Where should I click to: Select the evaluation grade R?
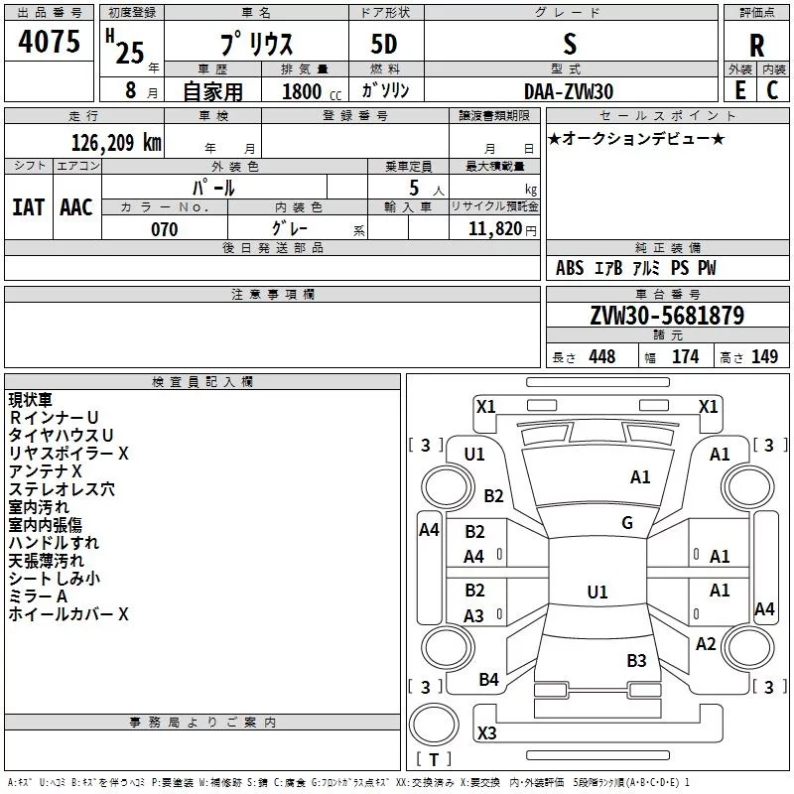[x=756, y=47]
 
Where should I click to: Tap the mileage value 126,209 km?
[x=116, y=143]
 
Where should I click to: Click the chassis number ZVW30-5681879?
[x=667, y=317]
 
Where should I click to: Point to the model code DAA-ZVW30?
[x=569, y=90]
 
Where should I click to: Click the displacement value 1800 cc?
[x=306, y=91]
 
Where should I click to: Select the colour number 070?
[x=164, y=229]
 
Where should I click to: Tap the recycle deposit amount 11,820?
[x=494, y=229]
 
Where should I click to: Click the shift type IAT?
[x=28, y=206]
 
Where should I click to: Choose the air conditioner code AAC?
[x=76, y=206]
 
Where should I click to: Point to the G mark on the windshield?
[x=627, y=523]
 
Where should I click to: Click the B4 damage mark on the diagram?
[x=489, y=680]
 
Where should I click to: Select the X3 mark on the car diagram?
[x=486, y=733]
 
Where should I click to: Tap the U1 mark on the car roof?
[x=596, y=593]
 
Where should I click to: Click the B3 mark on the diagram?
[x=636, y=660]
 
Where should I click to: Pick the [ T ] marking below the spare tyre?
[x=434, y=760]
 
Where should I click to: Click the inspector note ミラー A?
[x=38, y=595]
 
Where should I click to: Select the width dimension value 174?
[x=685, y=357]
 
